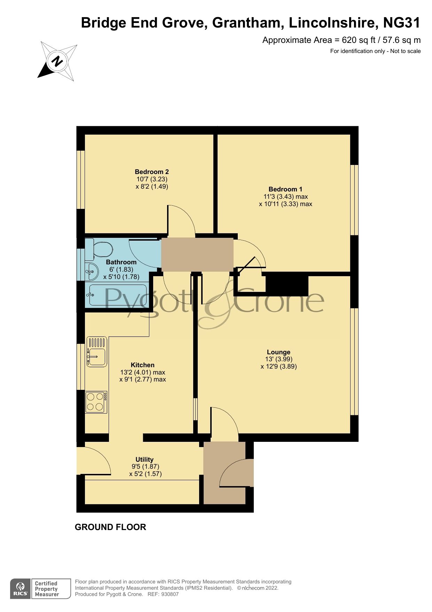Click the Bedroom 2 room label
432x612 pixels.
coord(152,172)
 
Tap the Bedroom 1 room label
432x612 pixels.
coord(285,189)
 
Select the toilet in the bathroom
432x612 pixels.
coord(99,249)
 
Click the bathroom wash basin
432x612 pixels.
coord(91,271)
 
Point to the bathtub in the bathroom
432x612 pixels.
coord(118,295)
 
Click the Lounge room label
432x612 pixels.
coord(278,352)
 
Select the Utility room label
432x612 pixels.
coord(144,459)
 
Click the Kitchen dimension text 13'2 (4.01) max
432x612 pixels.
coord(143,372)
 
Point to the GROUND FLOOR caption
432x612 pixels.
coord(110,527)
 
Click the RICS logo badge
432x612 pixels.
coord(20,589)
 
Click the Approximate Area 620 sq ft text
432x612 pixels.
coord(341,40)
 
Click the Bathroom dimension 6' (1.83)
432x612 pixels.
coord(121,269)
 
